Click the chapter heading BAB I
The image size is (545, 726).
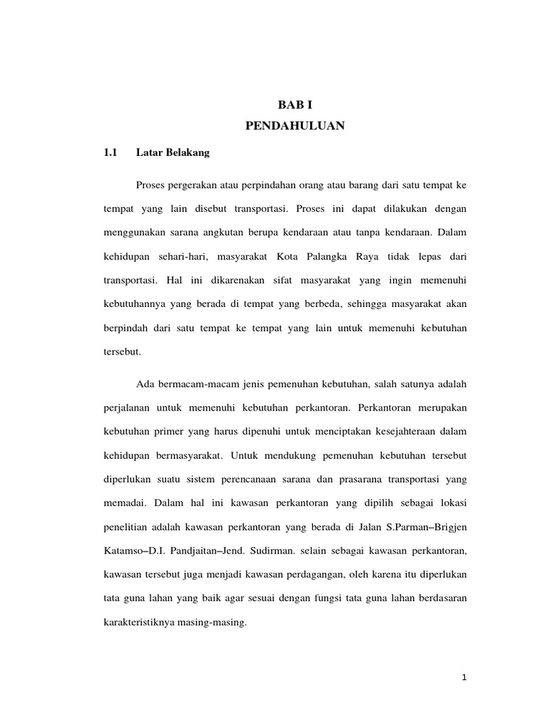294,105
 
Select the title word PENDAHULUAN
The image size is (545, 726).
294,126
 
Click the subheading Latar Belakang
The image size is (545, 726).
172,152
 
